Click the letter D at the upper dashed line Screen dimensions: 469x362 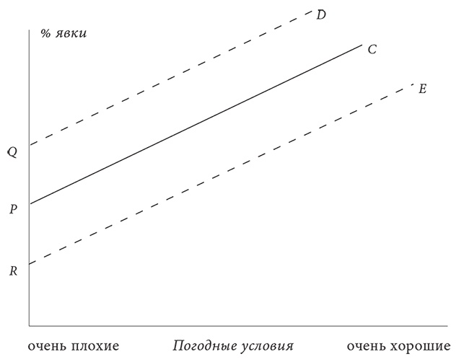pyautogui.click(x=321, y=14)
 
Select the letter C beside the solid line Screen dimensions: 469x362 pyautogui.click(x=372, y=49)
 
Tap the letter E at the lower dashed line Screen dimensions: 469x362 pyautogui.click(x=422, y=89)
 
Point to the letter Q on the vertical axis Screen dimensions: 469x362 pyautogui.click(x=12, y=152)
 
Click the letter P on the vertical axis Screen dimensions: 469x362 pyautogui.click(x=12, y=209)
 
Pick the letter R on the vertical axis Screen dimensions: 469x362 pyautogui.click(x=13, y=271)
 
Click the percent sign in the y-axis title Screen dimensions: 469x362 pyautogui.click(x=45, y=33)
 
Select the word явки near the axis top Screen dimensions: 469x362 pyautogui.click(x=71, y=34)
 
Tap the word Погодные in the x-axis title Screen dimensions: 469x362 pyautogui.click(x=203, y=346)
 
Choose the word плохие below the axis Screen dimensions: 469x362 pyautogui.click(x=95, y=346)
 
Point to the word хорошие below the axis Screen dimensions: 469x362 pyautogui.click(x=421, y=346)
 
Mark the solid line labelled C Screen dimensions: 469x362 pyautogui.click(x=196, y=124)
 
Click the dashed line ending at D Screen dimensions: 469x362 pyautogui.click(x=171, y=78)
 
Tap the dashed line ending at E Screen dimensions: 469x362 pyautogui.click(x=222, y=174)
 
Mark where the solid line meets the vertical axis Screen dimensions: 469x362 pyautogui.click(x=30, y=204)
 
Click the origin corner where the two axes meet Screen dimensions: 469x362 pyautogui.click(x=30, y=325)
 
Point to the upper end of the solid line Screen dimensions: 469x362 pyautogui.click(x=362, y=44)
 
